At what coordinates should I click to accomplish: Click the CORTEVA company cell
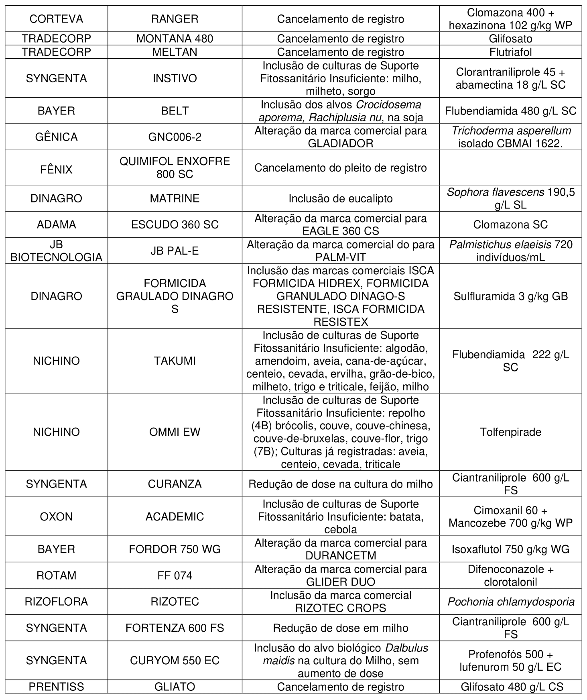click(x=56, y=19)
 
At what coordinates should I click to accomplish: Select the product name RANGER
click(x=175, y=19)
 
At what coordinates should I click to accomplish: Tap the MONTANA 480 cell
click(x=175, y=39)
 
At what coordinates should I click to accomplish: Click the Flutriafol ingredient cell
click(x=510, y=52)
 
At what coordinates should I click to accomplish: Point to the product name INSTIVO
click(x=175, y=78)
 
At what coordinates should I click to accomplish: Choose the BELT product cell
click(x=175, y=111)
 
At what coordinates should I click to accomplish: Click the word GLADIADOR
click(x=340, y=143)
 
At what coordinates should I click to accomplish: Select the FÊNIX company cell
click(x=56, y=169)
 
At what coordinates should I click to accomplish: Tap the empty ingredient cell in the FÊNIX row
click(x=510, y=167)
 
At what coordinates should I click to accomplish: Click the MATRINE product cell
click(x=175, y=198)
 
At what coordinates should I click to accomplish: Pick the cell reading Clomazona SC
click(x=510, y=224)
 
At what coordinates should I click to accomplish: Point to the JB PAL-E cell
click(x=175, y=251)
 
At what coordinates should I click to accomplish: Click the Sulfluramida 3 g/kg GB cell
click(x=510, y=296)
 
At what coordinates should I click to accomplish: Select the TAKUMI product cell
click(x=175, y=361)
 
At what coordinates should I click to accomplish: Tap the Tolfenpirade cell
click(x=510, y=432)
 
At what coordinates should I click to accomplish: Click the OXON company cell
click(x=56, y=516)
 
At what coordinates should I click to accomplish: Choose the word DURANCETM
click(x=340, y=555)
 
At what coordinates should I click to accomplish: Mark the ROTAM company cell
click(x=56, y=576)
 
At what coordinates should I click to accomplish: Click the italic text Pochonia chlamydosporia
click(x=510, y=602)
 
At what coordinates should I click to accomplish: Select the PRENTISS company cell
click(x=56, y=687)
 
